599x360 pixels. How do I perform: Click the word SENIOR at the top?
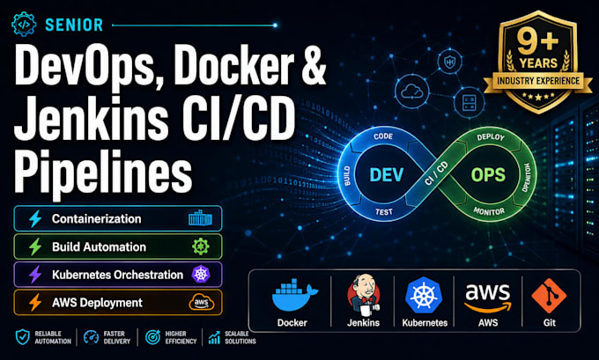(74, 26)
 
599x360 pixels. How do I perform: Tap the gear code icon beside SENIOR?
(24, 24)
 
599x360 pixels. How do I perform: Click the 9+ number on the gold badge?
(538, 41)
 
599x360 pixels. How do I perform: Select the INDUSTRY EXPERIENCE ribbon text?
(538, 81)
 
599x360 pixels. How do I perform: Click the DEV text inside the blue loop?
(386, 175)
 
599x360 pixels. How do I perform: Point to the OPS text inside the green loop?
(488, 175)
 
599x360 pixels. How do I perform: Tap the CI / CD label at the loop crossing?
(436, 173)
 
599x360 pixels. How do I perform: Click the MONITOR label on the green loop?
(489, 210)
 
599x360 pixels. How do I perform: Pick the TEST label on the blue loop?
(384, 211)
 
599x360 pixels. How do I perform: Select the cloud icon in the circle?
(412, 92)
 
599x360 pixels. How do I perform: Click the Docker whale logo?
(294, 294)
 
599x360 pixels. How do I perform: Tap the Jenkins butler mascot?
(363, 294)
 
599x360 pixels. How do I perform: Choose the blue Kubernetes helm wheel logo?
(424, 295)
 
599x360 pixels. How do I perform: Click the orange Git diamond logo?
(549, 296)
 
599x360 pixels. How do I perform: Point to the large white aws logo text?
(488, 293)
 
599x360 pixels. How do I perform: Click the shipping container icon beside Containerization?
(200, 219)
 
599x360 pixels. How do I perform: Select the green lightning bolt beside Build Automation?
(35, 246)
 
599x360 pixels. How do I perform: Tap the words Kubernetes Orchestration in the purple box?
(118, 275)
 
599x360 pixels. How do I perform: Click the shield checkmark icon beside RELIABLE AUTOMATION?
(23, 337)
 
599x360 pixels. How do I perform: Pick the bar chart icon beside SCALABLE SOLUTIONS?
(214, 337)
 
